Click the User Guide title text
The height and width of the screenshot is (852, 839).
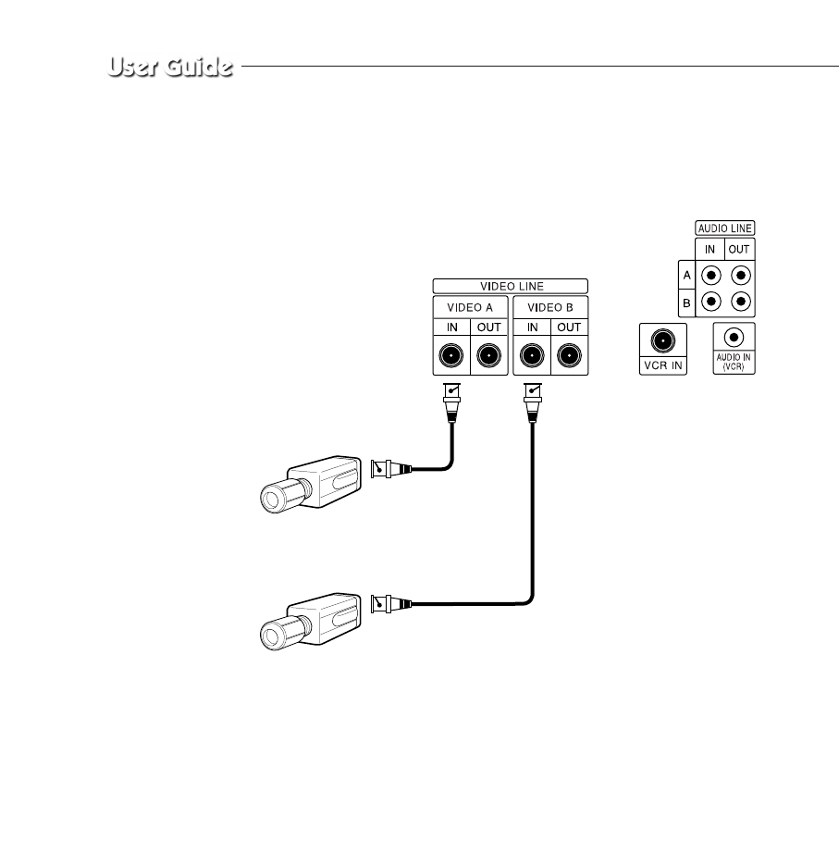pyautogui.click(x=168, y=68)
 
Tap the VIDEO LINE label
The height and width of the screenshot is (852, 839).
pyautogui.click(x=510, y=286)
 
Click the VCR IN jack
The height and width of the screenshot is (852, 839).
pyautogui.click(x=661, y=340)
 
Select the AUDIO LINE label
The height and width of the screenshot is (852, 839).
pyautogui.click(x=724, y=227)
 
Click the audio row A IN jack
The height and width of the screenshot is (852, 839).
pyautogui.click(x=710, y=275)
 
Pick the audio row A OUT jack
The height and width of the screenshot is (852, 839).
pyautogui.click(x=740, y=275)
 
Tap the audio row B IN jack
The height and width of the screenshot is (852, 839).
pyautogui.click(x=710, y=302)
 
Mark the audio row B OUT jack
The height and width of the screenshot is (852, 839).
pyautogui.click(x=740, y=302)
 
